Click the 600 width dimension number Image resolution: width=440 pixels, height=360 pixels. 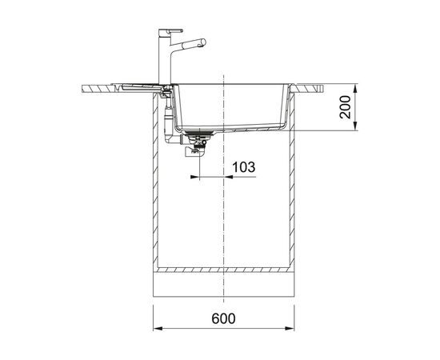click(x=224, y=318)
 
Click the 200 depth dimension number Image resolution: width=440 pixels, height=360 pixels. click(x=345, y=107)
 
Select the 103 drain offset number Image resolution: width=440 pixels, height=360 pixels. click(x=244, y=167)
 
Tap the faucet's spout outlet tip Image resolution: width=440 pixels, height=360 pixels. click(x=203, y=42)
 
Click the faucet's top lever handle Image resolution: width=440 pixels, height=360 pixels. click(x=171, y=31)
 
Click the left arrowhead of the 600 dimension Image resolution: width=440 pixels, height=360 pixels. click(x=158, y=328)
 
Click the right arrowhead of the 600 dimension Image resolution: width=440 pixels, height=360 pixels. click(x=290, y=328)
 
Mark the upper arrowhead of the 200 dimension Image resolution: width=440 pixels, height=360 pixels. click(x=355, y=89)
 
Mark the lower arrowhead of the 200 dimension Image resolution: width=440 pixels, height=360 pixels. click(x=355, y=126)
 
